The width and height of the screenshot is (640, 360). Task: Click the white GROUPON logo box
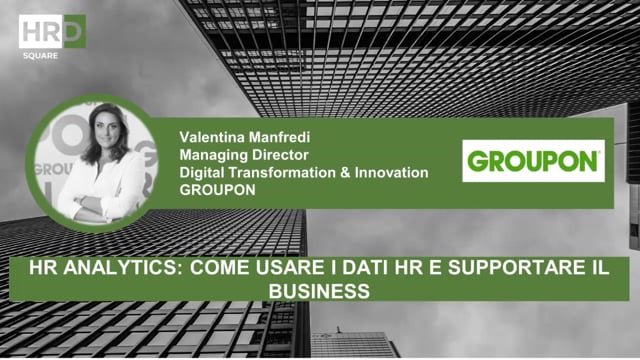coord(533,160)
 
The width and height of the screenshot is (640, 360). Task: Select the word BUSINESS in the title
coord(320,290)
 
